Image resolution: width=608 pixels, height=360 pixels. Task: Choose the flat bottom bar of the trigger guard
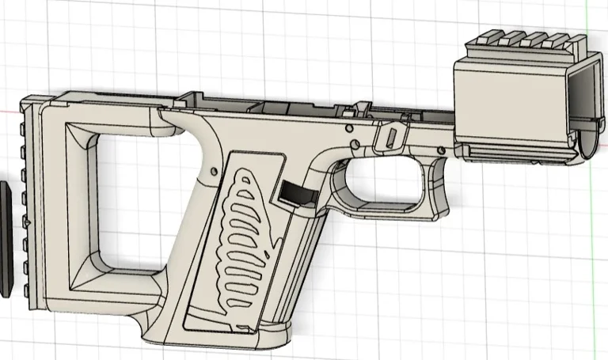click(388, 212)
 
